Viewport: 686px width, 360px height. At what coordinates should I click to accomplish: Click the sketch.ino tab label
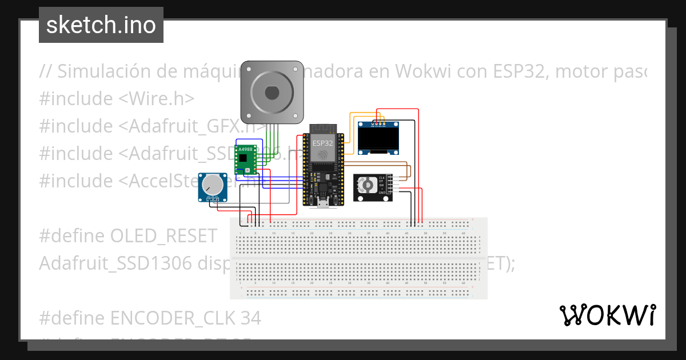[101, 25]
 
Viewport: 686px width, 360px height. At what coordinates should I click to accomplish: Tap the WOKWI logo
[607, 315]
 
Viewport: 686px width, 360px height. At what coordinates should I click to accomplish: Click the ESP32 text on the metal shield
[322, 143]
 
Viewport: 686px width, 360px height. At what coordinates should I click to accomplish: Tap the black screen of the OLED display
[380, 138]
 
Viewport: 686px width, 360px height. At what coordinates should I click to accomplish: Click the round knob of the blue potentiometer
[212, 185]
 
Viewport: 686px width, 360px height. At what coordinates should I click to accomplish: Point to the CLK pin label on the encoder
[381, 178]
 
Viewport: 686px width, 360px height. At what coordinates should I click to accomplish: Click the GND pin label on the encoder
[381, 193]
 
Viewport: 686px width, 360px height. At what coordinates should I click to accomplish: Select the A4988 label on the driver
[244, 149]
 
